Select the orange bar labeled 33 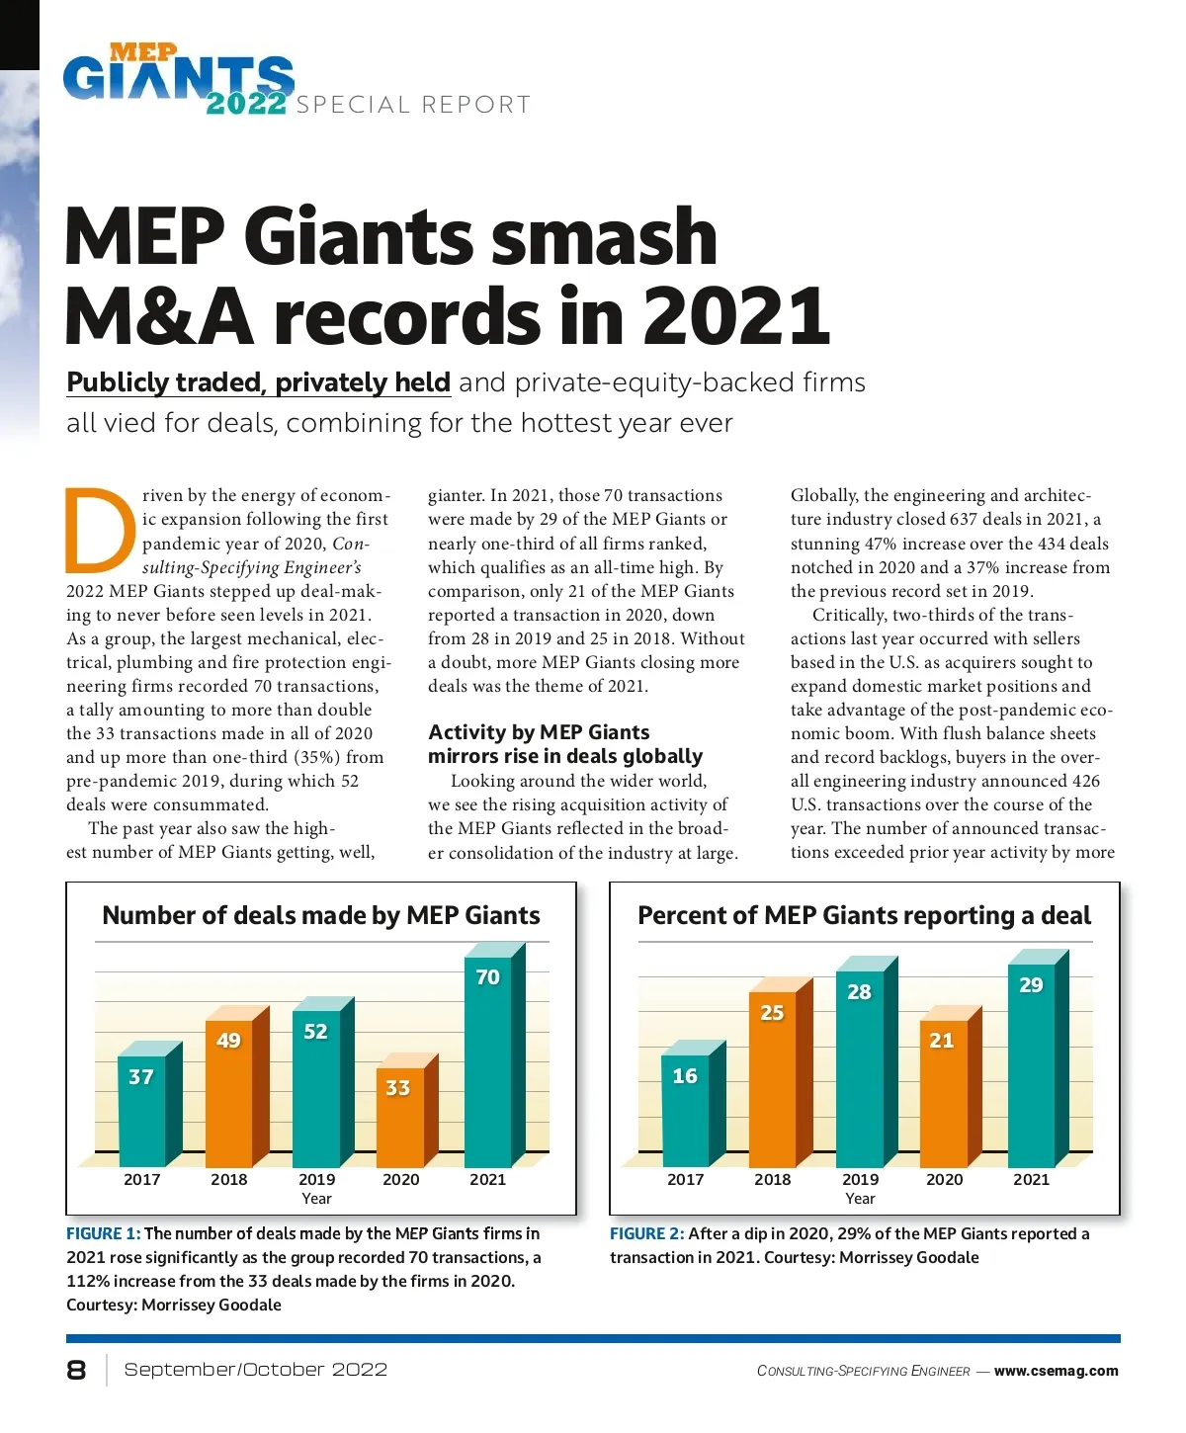tap(400, 1117)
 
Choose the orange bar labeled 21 tap(943, 1092)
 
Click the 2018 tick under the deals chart tap(229, 1179)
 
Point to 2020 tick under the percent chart tap(945, 1179)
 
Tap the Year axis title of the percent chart tap(860, 1199)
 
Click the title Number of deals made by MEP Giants tap(321, 916)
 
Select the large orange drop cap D tap(99, 531)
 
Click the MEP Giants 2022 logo tap(179, 79)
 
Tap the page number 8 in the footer tap(76, 1370)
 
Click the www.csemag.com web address tap(1056, 1371)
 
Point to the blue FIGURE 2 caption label tap(646, 1234)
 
